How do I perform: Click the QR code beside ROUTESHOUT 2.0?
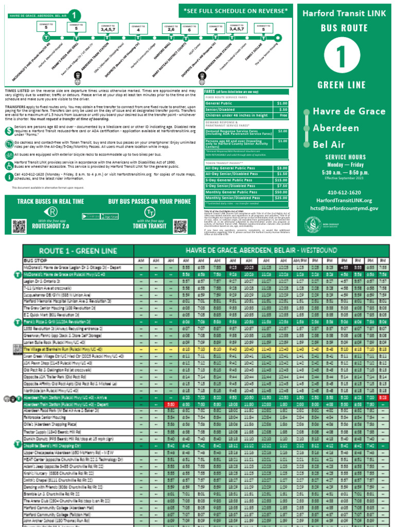tap(19, 226)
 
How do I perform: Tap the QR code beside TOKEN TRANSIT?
tap(181, 226)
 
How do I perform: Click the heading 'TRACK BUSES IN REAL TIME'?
tap(50, 201)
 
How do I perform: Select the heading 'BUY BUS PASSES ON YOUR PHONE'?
tap(149, 201)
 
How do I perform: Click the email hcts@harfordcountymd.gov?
tap(345, 208)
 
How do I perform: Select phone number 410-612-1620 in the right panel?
tap(345, 191)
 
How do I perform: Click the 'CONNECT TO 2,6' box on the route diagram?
tap(171, 28)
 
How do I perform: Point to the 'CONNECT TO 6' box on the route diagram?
tap(189, 28)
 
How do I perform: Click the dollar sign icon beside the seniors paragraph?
tap(10, 131)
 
